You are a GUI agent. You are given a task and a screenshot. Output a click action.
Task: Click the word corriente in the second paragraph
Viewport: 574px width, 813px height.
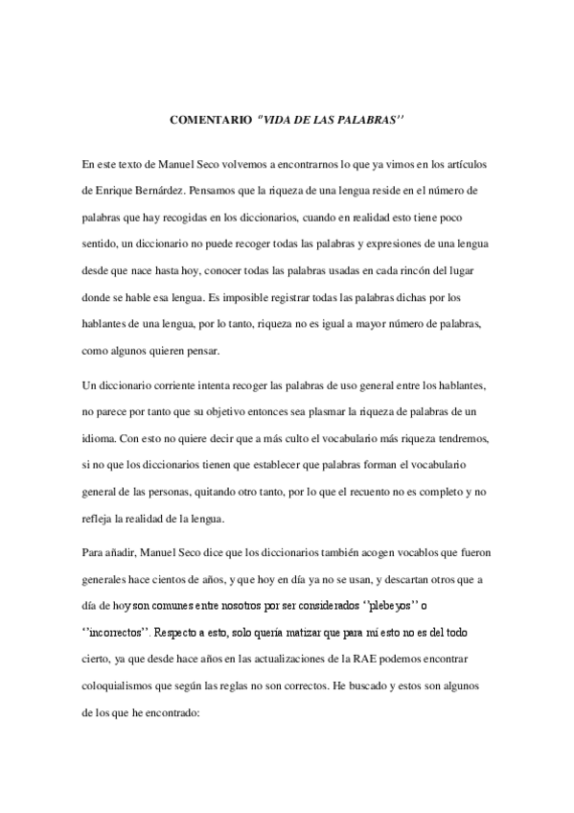[169, 384]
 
